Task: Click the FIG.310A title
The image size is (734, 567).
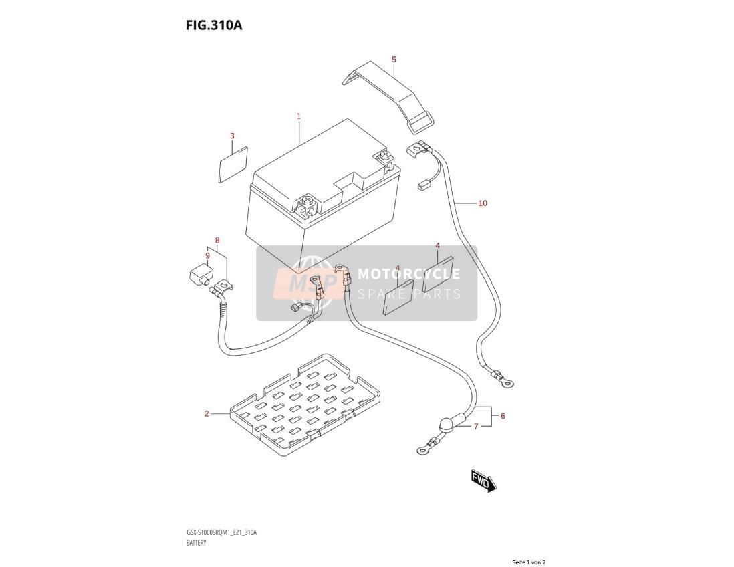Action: click(x=214, y=25)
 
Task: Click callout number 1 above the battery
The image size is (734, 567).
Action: click(x=299, y=116)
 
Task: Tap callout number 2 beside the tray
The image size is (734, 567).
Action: click(x=207, y=413)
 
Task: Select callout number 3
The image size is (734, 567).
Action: click(x=232, y=136)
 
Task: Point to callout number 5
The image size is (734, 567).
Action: click(x=394, y=60)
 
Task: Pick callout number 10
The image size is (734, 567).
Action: click(x=483, y=203)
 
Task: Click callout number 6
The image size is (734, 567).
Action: click(x=503, y=416)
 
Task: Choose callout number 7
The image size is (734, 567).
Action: click(x=476, y=426)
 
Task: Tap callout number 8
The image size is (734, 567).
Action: click(x=217, y=241)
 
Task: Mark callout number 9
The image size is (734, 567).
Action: click(x=207, y=255)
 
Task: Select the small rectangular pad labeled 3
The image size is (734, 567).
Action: click(x=233, y=164)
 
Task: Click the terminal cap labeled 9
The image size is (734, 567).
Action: click(x=199, y=274)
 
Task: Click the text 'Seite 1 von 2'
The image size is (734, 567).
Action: click(x=529, y=562)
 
